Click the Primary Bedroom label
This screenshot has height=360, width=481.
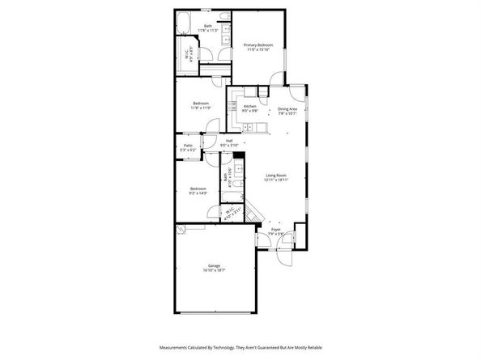(259, 44)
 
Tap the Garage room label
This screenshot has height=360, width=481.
(214, 266)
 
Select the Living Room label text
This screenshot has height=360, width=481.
(276, 175)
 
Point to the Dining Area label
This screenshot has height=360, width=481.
(287, 109)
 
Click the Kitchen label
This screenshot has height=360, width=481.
(250, 107)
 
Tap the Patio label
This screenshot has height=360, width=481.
(187, 146)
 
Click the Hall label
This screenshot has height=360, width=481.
(229, 141)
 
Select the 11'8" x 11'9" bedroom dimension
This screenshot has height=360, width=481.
(202, 108)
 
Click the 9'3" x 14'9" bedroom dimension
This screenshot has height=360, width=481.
(198, 193)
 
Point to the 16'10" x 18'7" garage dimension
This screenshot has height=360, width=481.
(214, 270)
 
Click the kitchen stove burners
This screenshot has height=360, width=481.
(232, 107)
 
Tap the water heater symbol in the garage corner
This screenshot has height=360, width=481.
(181, 229)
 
